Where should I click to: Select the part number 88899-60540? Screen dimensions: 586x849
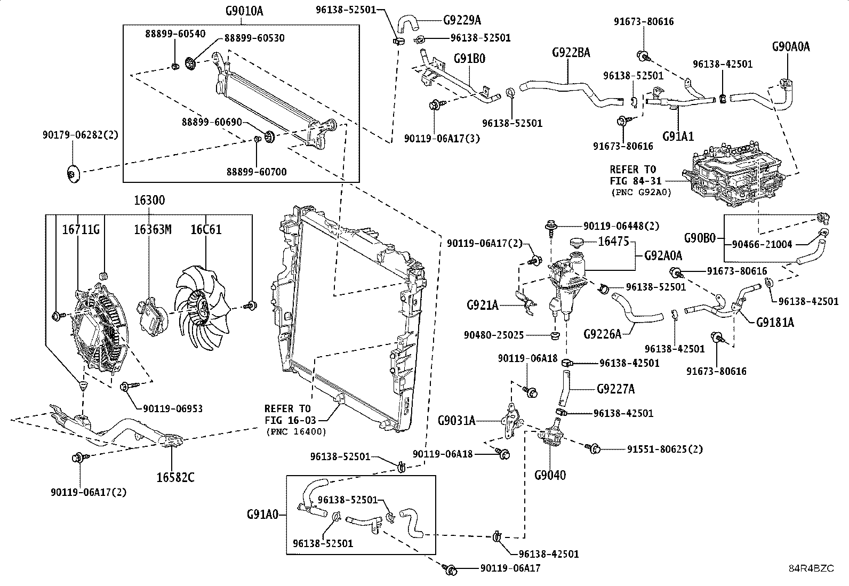tap(175, 33)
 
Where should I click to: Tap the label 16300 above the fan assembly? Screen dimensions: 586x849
tap(149, 200)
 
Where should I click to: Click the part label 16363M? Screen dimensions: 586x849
tap(153, 229)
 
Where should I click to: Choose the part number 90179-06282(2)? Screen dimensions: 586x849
tap(80, 135)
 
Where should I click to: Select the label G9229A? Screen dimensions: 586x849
tap(462, 20)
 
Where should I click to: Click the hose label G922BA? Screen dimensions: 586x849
tap(571, 52)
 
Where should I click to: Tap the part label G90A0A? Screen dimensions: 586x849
tap(791, 46)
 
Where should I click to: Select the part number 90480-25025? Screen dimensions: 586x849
tap(494, 335)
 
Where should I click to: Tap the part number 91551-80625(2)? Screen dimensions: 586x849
tap(664, 449)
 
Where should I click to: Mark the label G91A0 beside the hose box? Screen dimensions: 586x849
tap(262, 515)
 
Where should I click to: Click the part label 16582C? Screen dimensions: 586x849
tap(175, 477)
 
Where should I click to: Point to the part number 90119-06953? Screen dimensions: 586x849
tap(173, 408)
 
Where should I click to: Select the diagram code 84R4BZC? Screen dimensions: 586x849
tap(811, 568)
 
